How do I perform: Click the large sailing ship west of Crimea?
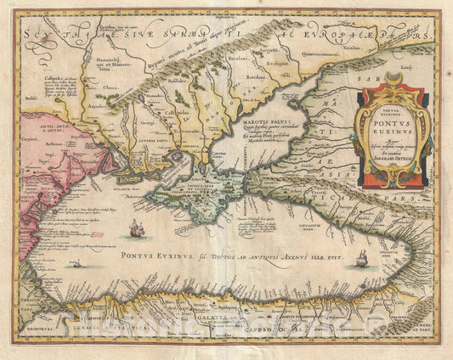coord(135,228)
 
